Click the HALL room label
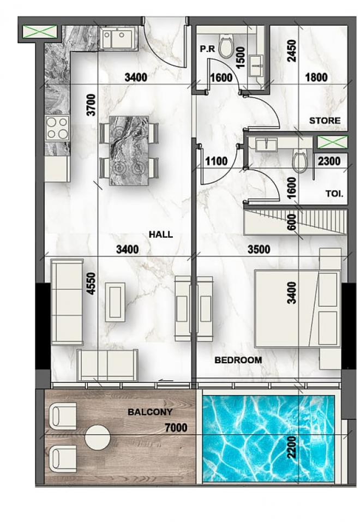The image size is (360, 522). click(161, 235)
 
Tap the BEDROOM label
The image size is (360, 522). click(238, 360)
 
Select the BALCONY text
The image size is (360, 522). click(150, 412)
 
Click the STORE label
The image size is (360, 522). click(325, 121)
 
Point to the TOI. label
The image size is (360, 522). click(334, 194)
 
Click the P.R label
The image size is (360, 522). click(207, 49)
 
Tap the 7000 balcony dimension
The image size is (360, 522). click(176, 428)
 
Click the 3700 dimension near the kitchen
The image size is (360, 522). click(91, 105)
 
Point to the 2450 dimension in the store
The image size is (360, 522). click(292, 51)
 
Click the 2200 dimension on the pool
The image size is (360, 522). click(292, 447)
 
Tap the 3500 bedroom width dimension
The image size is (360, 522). click(259, 249)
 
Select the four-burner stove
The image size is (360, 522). click(57, 128)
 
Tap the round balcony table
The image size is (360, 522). click(98, 437)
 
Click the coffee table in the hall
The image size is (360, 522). click(115, 302)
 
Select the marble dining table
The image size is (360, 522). click(129, 150)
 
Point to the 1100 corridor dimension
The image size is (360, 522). click(217, 161)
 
